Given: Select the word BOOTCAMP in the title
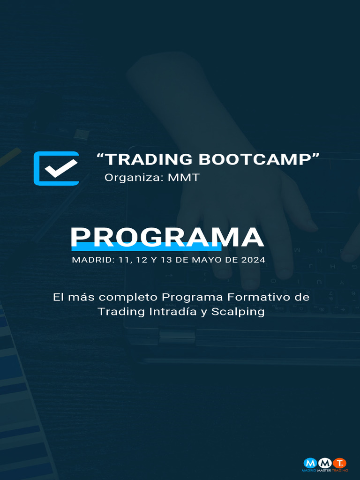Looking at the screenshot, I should [x=255, y=159].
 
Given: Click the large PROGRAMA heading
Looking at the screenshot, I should [x=167, y=238].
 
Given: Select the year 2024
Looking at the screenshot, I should [x=253, y=260].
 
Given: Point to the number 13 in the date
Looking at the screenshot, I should [x=166, y=260].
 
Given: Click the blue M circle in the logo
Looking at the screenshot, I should [x=310, y=464].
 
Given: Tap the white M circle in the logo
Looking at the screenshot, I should [x=325, y=464].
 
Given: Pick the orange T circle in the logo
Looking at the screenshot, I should [x=339, y=464].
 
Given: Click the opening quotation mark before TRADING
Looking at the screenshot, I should [x=100, y=156].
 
